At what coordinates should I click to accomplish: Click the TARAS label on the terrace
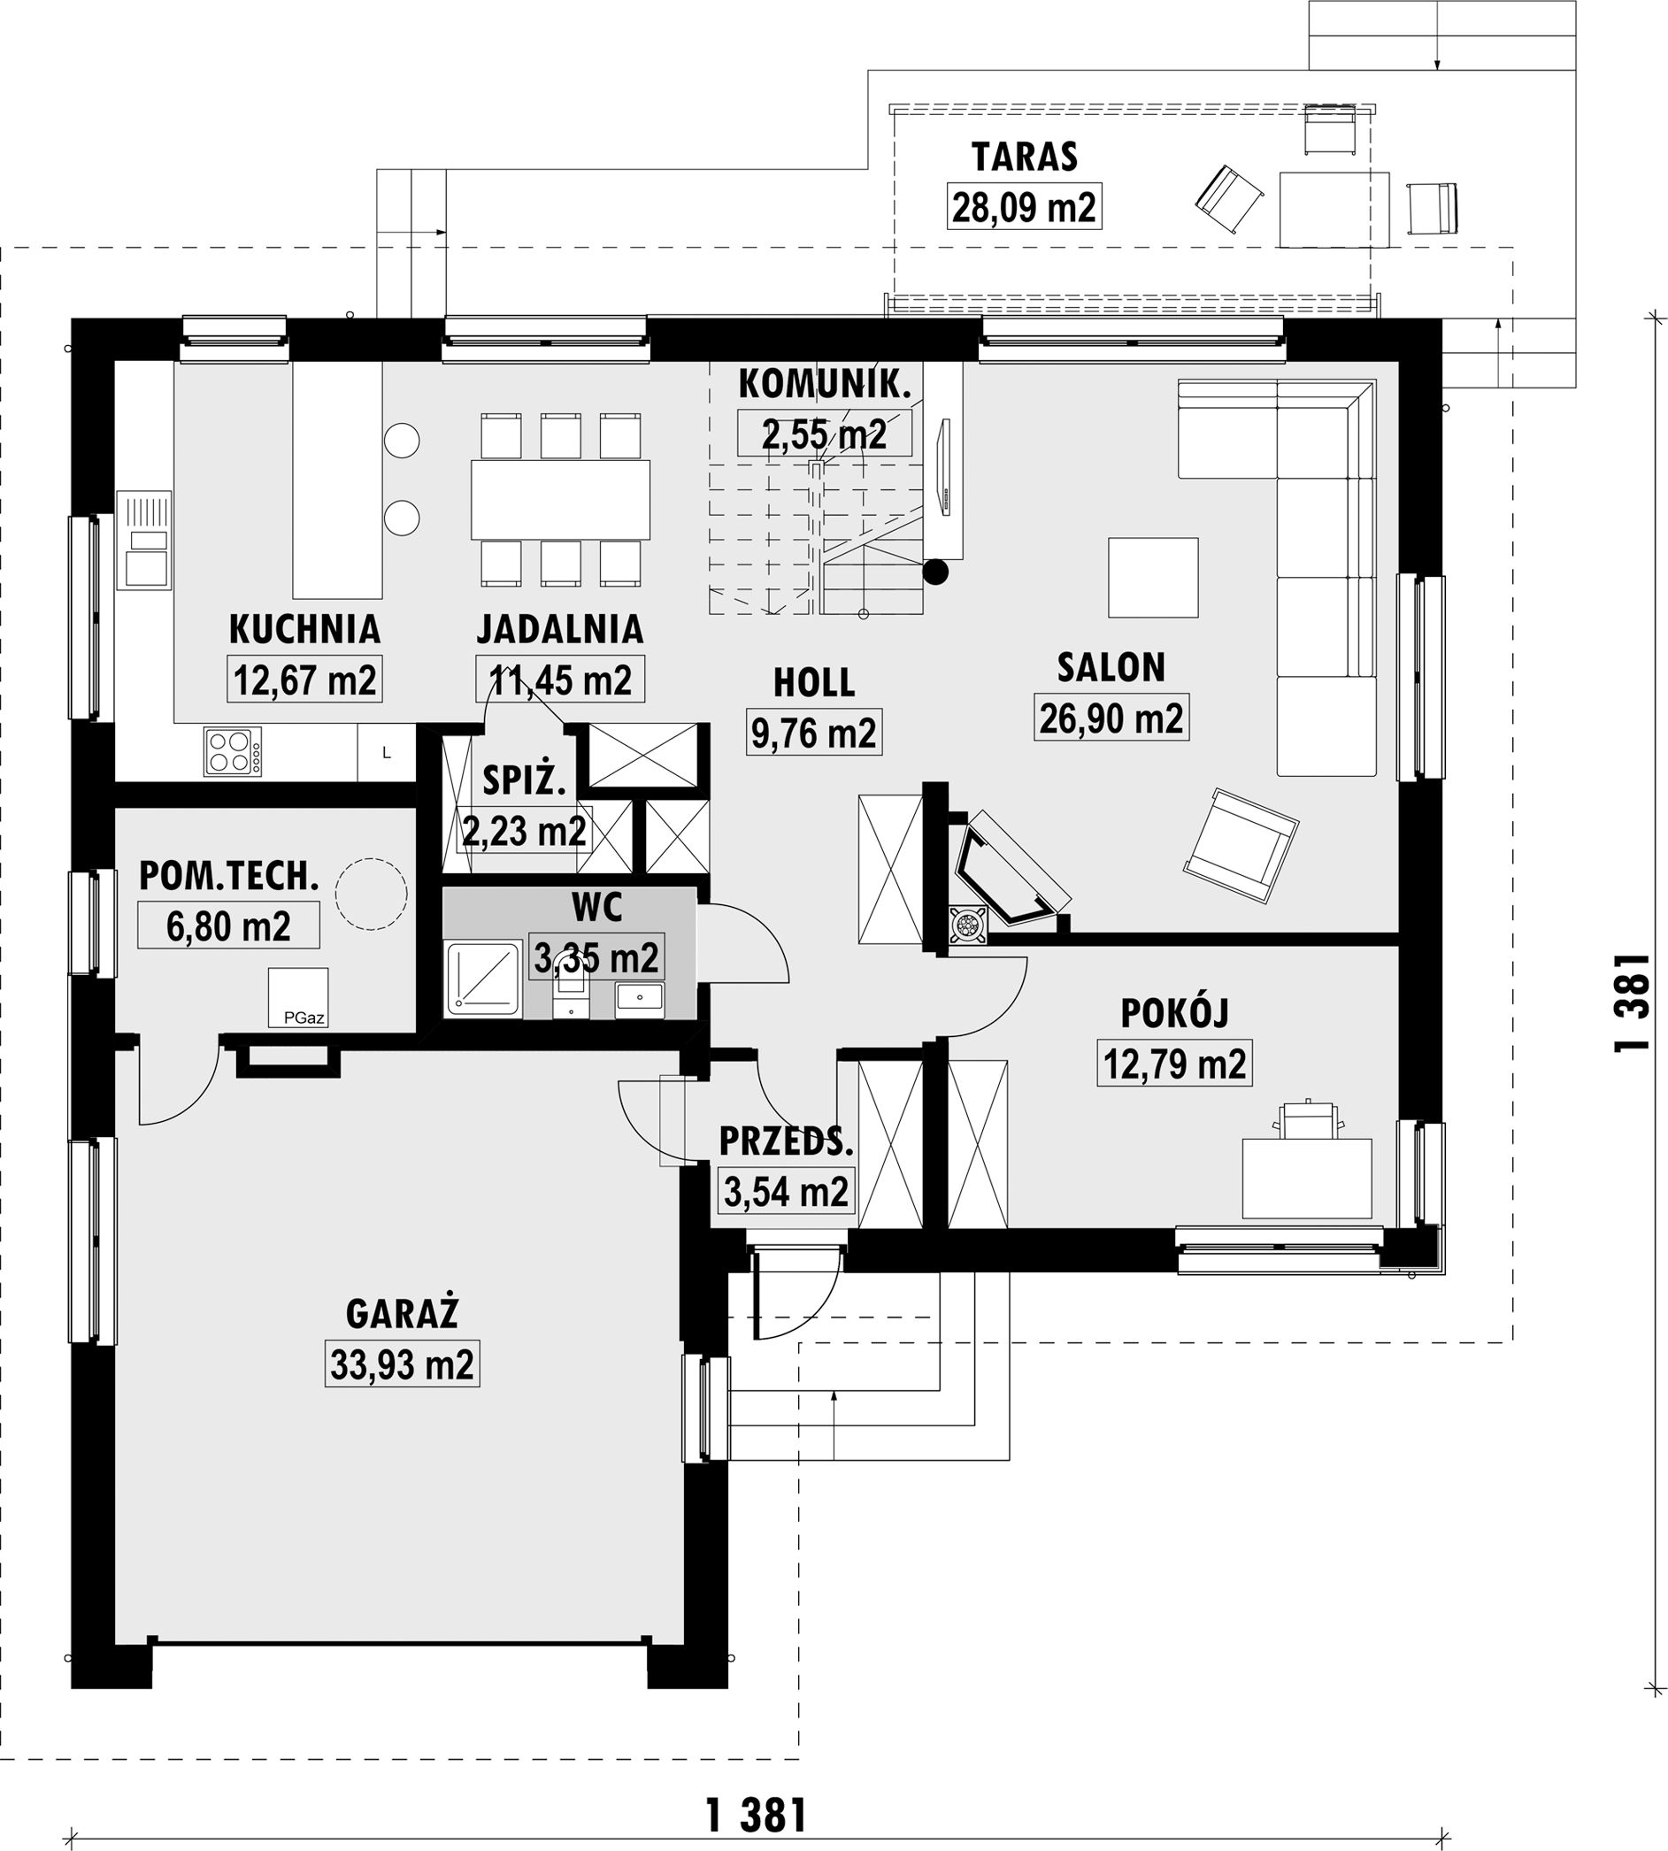tap(1024, 157)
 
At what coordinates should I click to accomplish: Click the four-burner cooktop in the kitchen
tap(233, 751)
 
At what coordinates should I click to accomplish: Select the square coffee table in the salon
tap(1153, 577)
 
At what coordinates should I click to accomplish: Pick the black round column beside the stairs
tap(934, 572)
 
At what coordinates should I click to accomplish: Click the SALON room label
tap(1111, 668)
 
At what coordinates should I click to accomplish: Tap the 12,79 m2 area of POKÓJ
tap(1174, 1064)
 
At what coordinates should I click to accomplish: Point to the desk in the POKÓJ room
tap(1307, 1178)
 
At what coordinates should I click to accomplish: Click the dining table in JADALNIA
tap(560, 499)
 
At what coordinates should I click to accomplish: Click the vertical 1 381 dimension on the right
tap(1632, 1002)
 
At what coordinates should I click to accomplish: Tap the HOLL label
tap(814, 683)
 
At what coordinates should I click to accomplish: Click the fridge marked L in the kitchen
tap(387, 753)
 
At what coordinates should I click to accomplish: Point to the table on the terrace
tap(1334, 209)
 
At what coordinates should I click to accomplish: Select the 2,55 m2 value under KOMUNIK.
tap(824, 434)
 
